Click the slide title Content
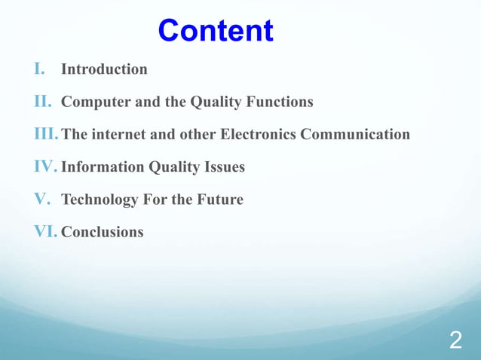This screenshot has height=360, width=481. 216,31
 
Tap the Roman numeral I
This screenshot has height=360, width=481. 40,69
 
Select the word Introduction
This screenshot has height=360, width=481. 104,69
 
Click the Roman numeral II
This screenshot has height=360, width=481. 43,102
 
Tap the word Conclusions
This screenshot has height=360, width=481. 102,232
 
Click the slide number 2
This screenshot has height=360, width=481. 455,340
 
